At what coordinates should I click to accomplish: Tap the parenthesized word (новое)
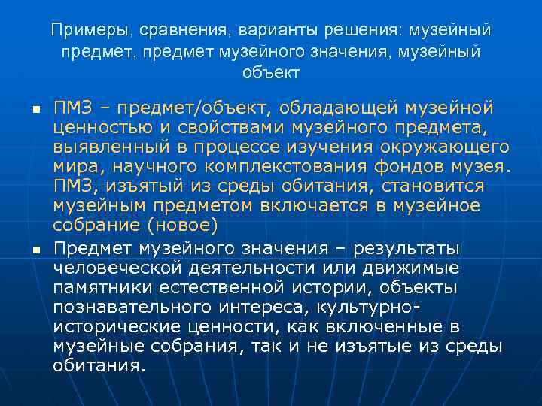[183, 226]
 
